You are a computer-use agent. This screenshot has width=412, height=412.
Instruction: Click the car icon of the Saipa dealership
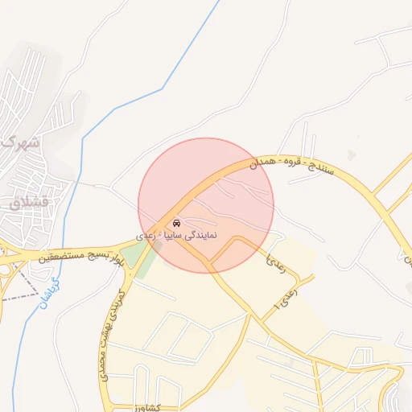pyautogui.click(x=176, y=222)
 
